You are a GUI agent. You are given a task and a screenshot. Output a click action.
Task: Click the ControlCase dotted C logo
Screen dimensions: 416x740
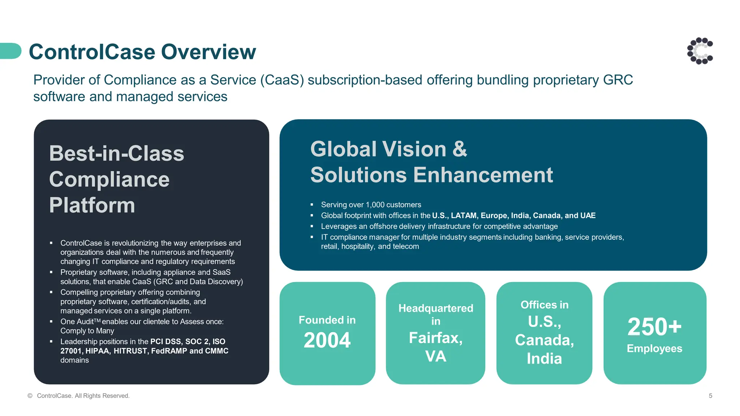click(x=700, y=51)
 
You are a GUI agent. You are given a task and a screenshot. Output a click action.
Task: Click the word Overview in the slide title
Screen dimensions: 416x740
click(x=208, y=52)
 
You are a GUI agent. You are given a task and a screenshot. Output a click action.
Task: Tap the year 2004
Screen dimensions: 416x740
click(x=327, y=340)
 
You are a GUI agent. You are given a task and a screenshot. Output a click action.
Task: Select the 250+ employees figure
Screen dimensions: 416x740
click(x=654, y=327)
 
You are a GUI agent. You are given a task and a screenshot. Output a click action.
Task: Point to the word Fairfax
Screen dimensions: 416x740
click(x=435, y=338)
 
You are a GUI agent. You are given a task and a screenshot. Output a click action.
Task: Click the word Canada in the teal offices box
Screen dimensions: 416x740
click(x=544, y=340)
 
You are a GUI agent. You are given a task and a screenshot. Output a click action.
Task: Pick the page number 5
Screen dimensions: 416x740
click(x=710, y=396)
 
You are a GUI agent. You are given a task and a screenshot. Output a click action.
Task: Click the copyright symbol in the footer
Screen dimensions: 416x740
click(x=30, y=396)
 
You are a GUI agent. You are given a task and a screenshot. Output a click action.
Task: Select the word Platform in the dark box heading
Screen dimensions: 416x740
click(x=92, y=205)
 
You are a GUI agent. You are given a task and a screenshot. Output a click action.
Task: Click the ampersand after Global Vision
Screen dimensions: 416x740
click(x=460, y=149)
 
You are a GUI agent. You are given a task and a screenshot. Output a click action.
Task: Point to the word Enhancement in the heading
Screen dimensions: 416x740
click(x=483, y=175)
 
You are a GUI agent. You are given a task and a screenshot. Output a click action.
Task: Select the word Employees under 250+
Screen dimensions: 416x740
click(x=654, y=348)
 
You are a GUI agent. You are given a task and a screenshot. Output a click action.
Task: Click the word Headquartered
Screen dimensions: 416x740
click(x=436, y=308)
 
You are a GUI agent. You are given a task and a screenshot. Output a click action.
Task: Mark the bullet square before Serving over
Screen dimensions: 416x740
click(x=312, y=205)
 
